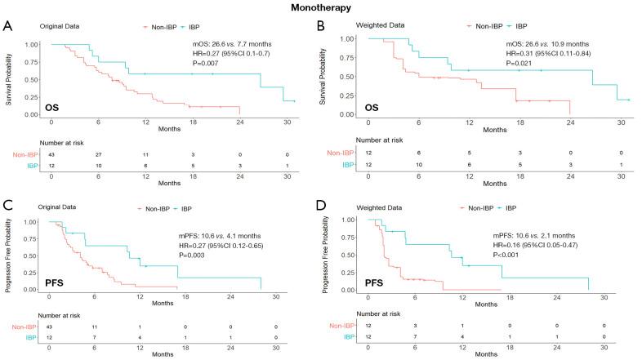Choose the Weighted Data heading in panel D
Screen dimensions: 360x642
[382, 207]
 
